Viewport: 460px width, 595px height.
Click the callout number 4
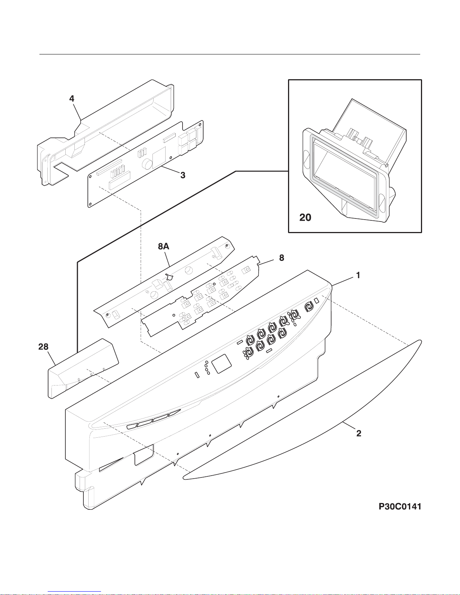(72, 99)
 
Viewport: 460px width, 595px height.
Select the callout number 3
(182, 175)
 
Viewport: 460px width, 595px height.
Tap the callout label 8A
(163, 246)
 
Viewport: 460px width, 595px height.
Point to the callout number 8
(281, 258)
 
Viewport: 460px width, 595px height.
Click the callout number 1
(358, 275)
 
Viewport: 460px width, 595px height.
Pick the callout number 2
(359, 433)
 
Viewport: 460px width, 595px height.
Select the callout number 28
(44, 347)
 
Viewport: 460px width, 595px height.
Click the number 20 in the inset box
(305, 217)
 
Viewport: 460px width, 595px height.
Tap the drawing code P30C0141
(400, 506)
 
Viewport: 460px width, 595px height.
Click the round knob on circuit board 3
(147, 163)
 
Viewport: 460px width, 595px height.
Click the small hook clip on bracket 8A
(170, 277)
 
